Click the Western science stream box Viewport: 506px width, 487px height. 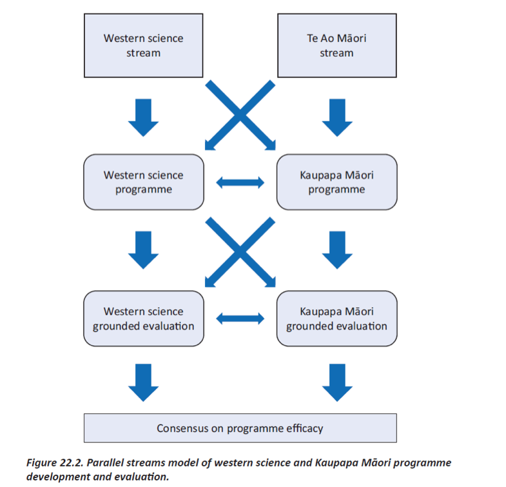(143, 45)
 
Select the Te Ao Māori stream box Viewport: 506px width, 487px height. (336, 45)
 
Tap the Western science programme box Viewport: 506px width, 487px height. (143, 182)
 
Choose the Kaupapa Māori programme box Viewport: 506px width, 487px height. (336, 182)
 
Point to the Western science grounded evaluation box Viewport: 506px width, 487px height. (143, 318)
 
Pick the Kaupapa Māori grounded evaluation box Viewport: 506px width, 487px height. (336, 318)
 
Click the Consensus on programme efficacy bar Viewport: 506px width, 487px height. (240, 428)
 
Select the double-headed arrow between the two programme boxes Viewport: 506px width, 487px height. (240, 183)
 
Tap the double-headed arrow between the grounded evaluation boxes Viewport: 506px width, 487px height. (240, 318)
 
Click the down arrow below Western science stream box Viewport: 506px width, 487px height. (143, 117)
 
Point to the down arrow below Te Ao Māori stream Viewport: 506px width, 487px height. (337, 117)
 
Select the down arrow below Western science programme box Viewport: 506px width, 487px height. (143, 250)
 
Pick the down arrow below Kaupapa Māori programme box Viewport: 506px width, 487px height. (337, 250)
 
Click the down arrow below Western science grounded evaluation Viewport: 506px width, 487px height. (143, 383)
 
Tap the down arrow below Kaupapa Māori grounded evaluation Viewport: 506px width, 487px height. (337, 383)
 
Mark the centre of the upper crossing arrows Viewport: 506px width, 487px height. (240, 115)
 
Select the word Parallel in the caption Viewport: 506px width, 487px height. (102, 463)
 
